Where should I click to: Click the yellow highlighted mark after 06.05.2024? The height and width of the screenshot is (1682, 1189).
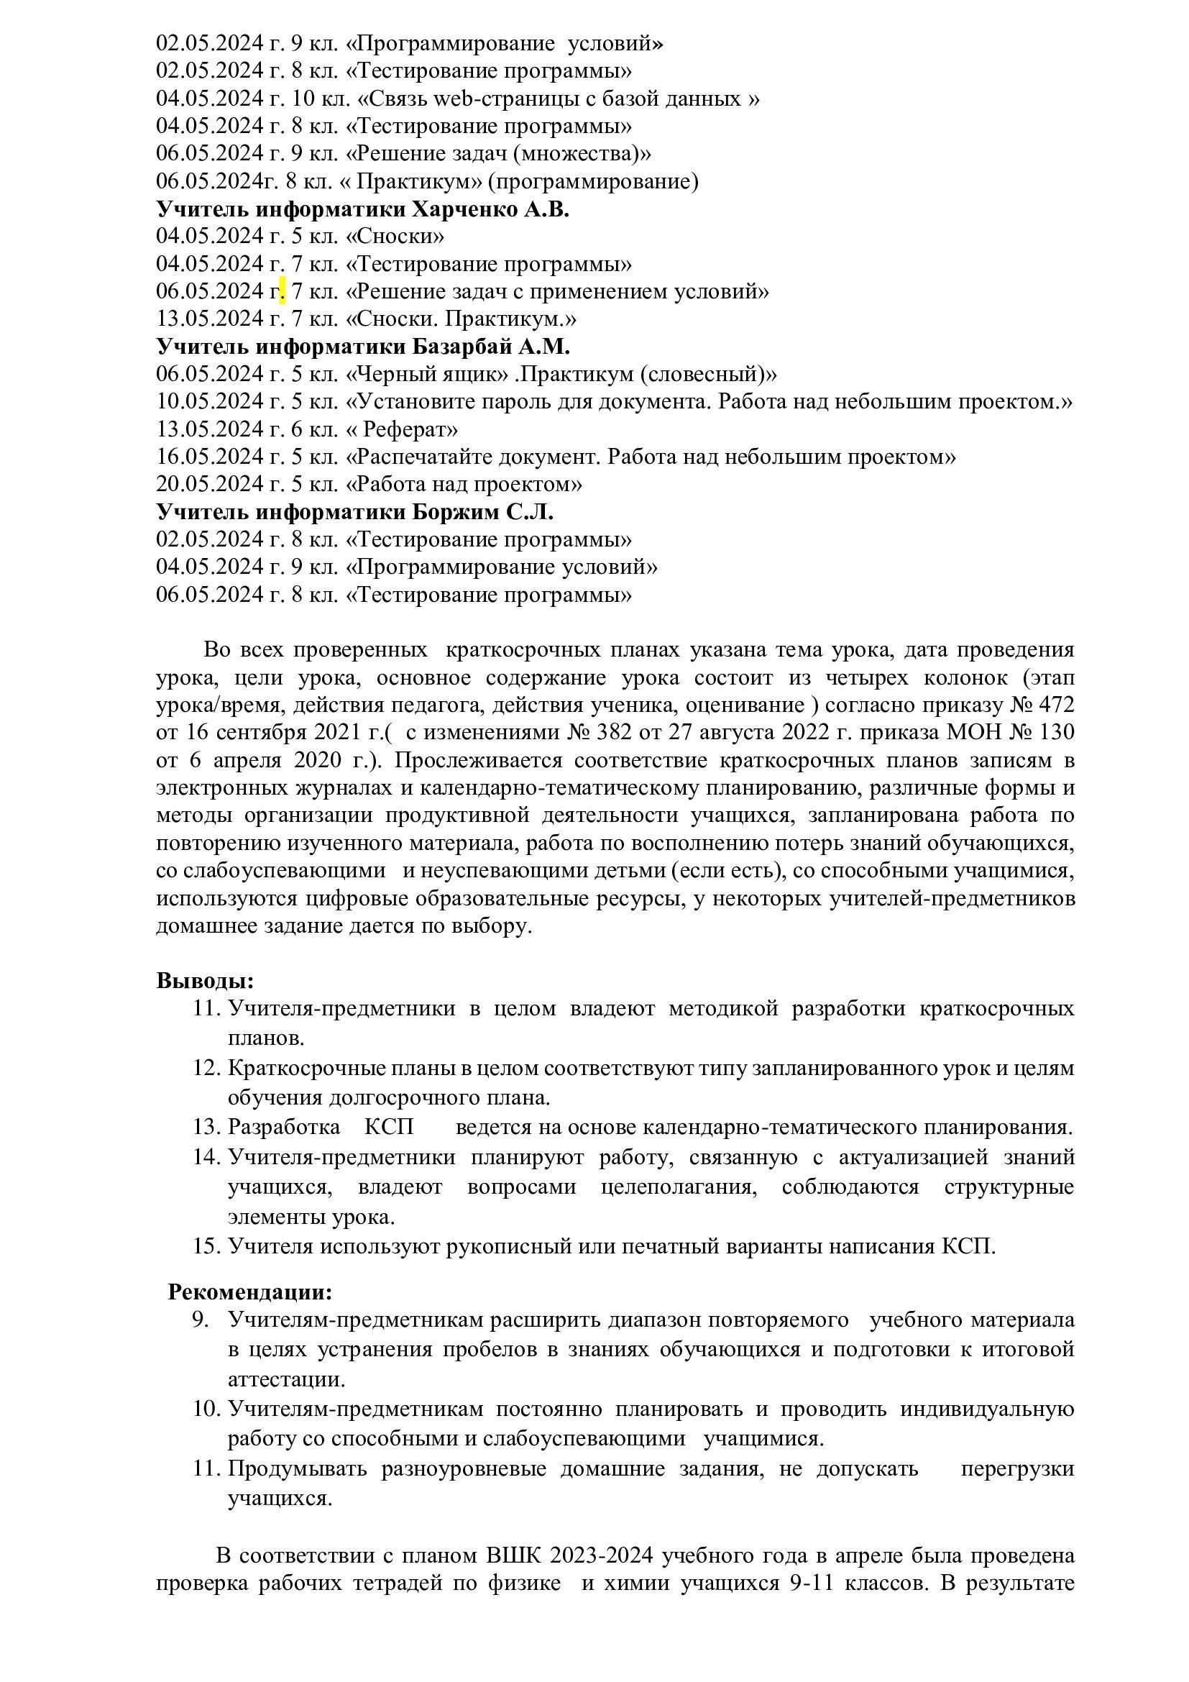click(x=283, y=292)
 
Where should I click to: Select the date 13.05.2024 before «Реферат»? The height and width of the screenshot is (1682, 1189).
click(x=209, y=429)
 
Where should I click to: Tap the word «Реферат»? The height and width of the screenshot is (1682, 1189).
click(x=407, y=429)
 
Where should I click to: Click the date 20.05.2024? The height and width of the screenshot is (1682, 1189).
click(x=209, y=485)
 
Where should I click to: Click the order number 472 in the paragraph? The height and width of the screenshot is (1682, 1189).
click(x=1055, y=705)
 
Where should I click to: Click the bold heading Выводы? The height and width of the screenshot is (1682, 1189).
click(x=205, y=981)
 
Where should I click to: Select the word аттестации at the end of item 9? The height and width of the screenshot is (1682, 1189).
click(x=285, y=1380)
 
